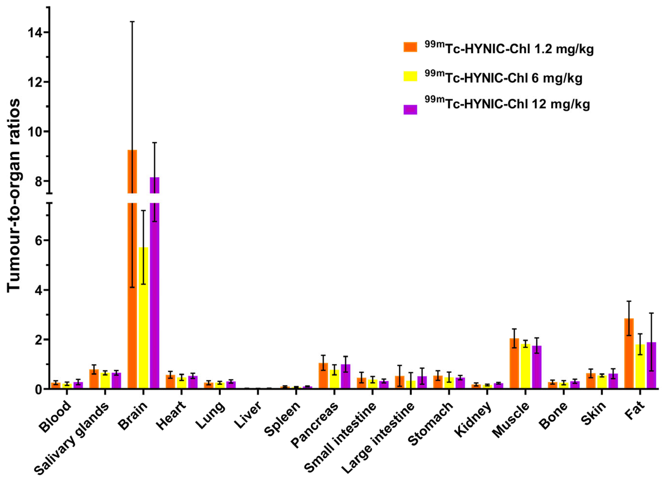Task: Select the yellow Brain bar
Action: click(144, 324)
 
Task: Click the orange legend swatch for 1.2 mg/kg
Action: click(410, 47)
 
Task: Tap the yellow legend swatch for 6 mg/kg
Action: click(410, 76)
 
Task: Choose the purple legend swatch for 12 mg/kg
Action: click(410, 109)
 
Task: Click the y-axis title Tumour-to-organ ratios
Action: click(14, 196)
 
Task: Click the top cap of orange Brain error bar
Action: click(132, 22)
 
